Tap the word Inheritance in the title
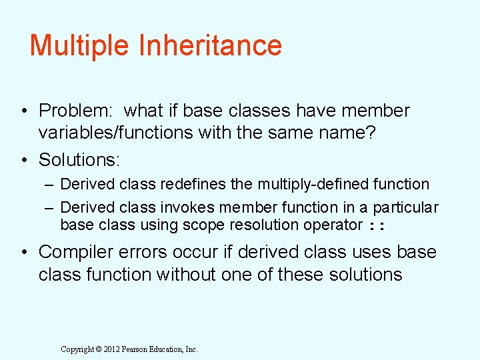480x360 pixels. pos(210,46)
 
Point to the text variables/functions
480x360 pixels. pos(117,133)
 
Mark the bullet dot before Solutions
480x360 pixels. pos(23,161)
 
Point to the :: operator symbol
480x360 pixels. pos(377,226)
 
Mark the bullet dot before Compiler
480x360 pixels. pos(23,253)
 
